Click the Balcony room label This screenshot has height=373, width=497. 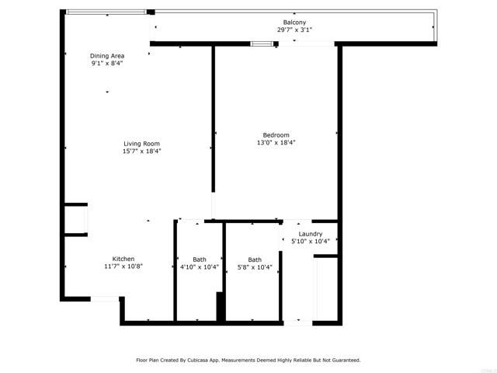point(294,22)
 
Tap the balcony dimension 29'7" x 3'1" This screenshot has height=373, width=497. point(294,30)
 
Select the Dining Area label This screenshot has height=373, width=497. point(107,56)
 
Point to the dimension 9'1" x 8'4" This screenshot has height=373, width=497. point(107,64)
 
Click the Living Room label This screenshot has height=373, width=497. point(141,143)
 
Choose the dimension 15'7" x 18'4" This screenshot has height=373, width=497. point(141,152)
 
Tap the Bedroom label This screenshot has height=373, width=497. point(276,134)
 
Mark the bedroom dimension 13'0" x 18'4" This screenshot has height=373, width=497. point(276,143)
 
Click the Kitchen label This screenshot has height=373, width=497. point(123,259)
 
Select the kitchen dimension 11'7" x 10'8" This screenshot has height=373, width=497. point(123,267)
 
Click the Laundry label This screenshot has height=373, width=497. point(311,234)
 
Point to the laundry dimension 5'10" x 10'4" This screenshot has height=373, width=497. point(311,242)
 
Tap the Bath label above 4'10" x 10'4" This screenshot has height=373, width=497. point(200,259)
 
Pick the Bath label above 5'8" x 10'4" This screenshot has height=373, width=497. point(255,260)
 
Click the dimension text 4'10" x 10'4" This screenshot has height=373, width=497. point(200,267)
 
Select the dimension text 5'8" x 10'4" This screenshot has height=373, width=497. point(255,267)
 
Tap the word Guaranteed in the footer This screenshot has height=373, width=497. point(345,361)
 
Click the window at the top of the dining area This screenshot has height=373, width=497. point(106,12)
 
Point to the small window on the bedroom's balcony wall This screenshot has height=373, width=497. point(262,44)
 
